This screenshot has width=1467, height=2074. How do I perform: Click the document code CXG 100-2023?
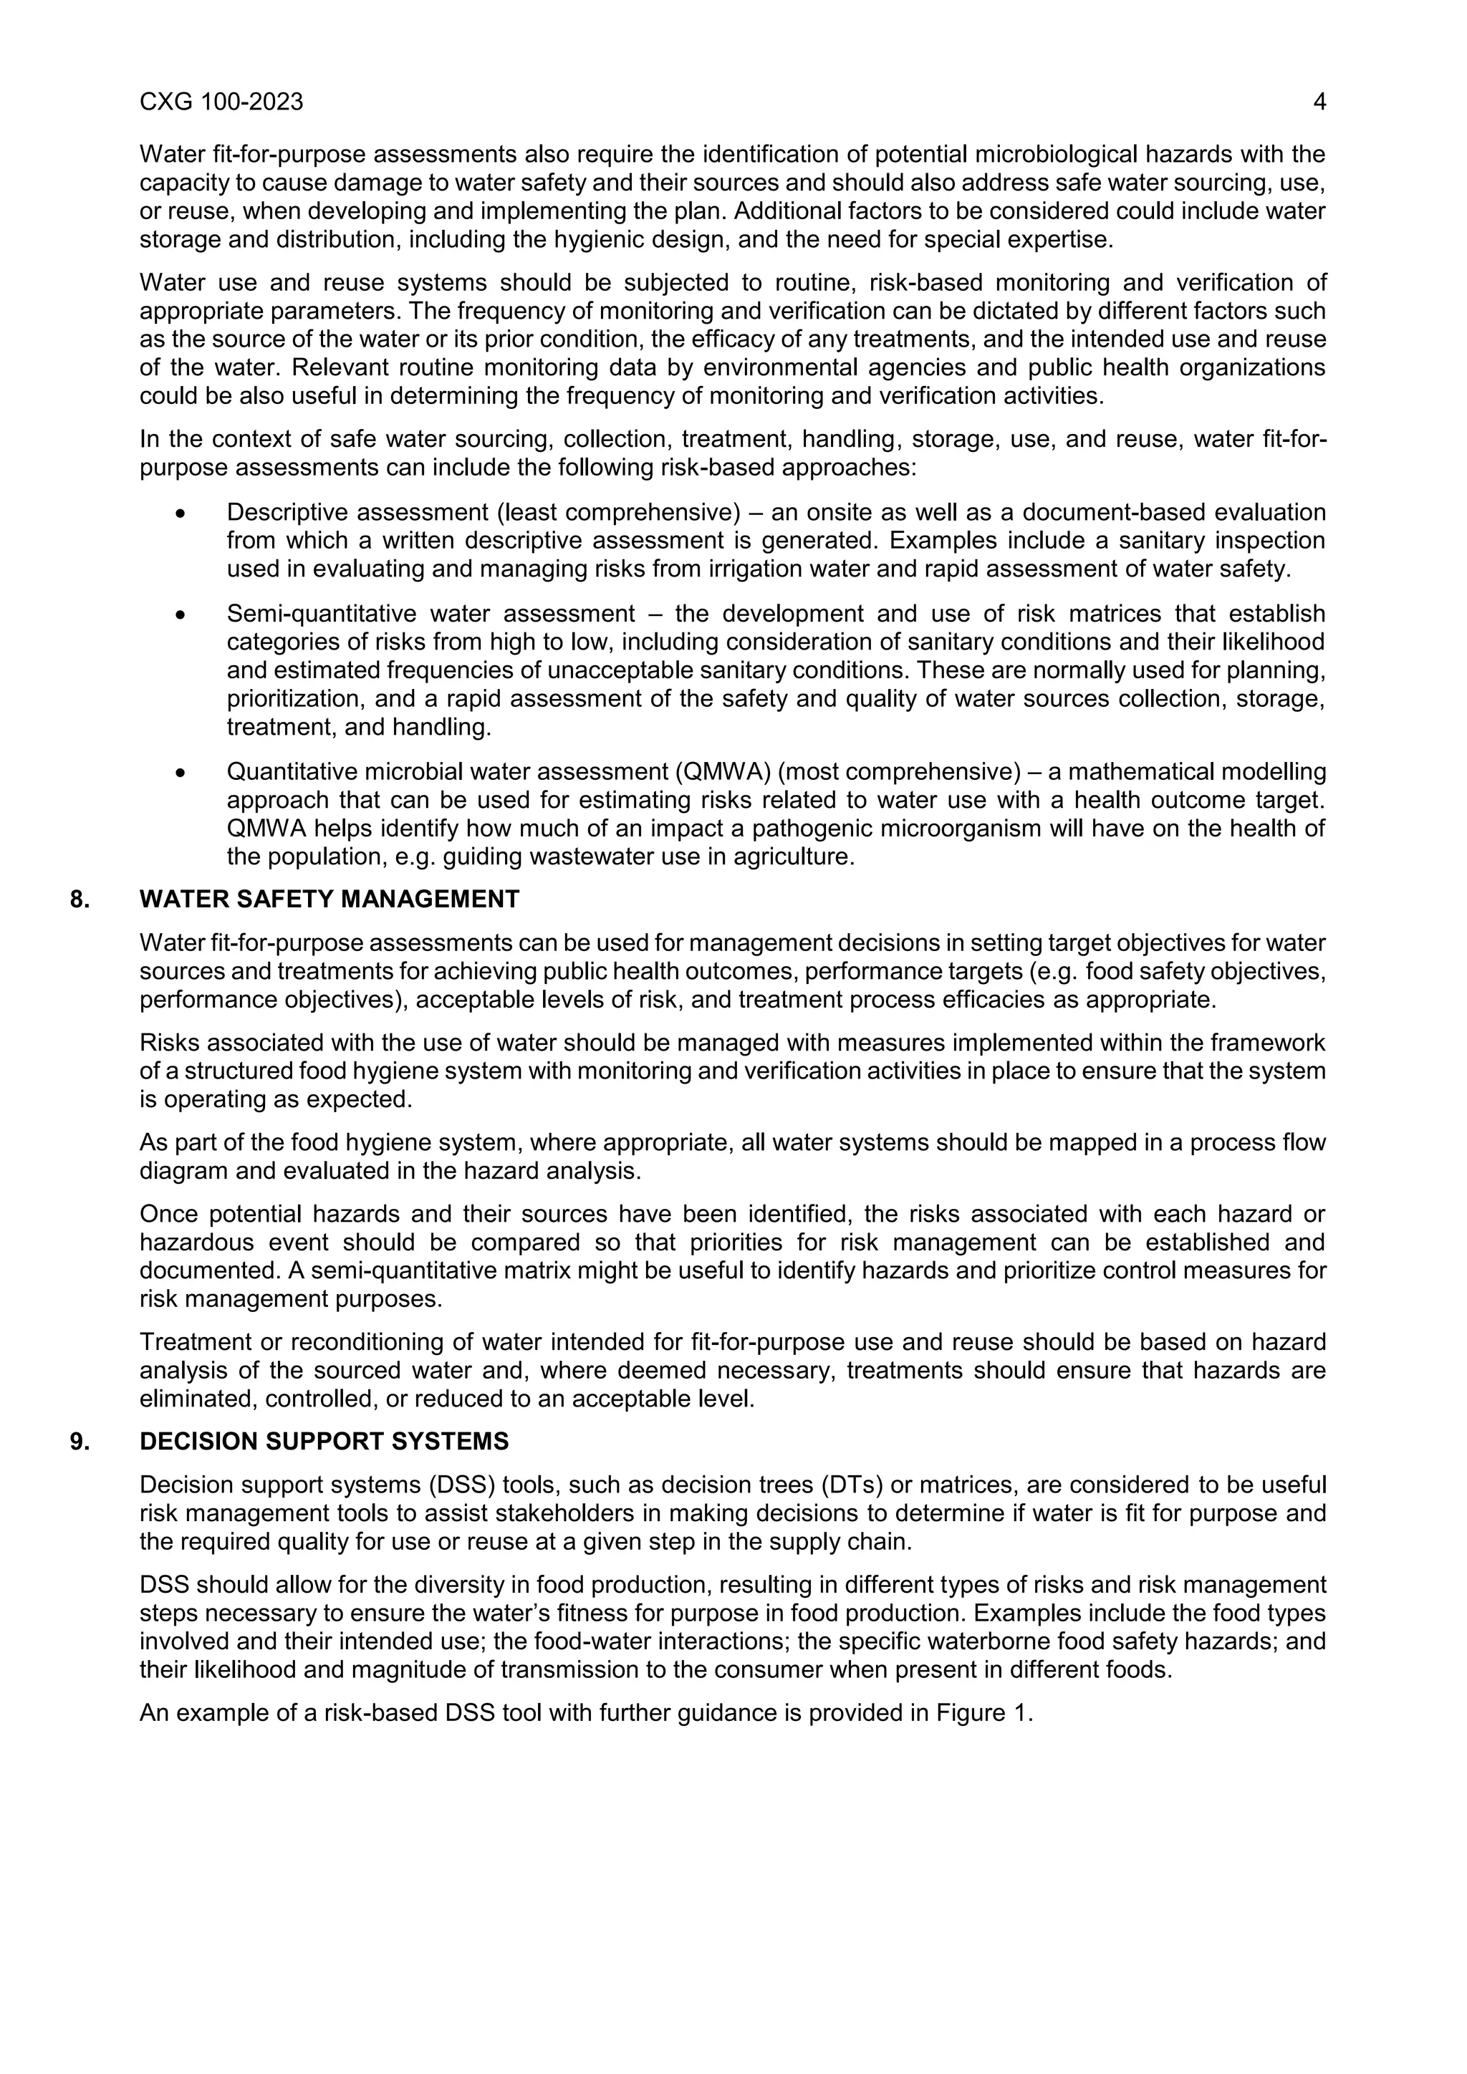pyautogui.click(x=221, y=102)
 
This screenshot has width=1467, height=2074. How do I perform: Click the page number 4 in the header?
pyautogui.click(x=1319, y=102)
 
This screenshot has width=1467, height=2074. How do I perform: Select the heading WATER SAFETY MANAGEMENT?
pyautogui.click(x=329, y=899)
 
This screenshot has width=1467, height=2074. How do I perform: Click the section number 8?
pyautogui.click(x=80, y=899)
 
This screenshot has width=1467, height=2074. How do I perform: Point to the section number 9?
pyautogui.click(x=80, y=1441)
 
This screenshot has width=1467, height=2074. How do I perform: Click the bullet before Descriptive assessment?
pyautogui.click(x=181, y=513)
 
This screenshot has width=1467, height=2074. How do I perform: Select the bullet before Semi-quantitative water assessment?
pyautogui.click(x=181, y=614)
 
